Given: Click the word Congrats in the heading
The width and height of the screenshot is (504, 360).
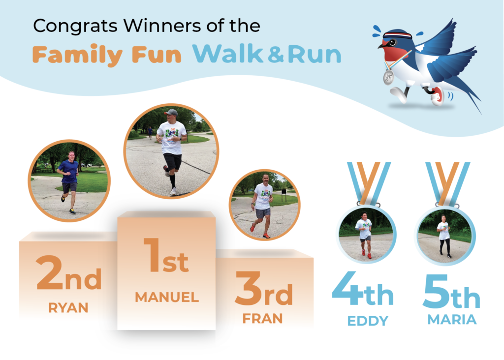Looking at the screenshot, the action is pyautogui.click(x=75, y=26).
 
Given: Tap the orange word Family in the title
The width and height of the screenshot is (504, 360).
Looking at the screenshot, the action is pyautogui.click(x=77, y=55).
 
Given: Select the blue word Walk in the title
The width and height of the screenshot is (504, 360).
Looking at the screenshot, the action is pyautogui.click(x=227, y=54).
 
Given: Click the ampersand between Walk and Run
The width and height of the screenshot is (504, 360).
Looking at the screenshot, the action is pyautogui.click(x=276, y=55).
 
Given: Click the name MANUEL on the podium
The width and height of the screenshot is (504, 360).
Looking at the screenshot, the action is pyautogui.click(x=167, y=298).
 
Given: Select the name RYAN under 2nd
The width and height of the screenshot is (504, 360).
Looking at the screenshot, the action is pyautogui.click(x=68, y=308).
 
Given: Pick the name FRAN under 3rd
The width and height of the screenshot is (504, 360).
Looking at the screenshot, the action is pyautogui.click(x=263, y=319).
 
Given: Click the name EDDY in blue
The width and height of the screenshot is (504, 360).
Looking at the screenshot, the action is pyautogui.click(x=368, y=321).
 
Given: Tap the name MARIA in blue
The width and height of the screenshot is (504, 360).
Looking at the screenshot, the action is pyautogui.click(x=452, y=320).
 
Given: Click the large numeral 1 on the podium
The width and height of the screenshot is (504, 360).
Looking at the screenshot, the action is pyautogui.click(x=152, y=255).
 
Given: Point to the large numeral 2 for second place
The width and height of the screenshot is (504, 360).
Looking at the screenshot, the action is pyautogui.click(x=50, y=272).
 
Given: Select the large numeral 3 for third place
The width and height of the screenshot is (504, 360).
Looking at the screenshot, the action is pyautogui.click(x=249, y=288).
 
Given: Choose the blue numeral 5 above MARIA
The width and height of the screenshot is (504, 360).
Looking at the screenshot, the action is pyautogui.click(x=436, y=291).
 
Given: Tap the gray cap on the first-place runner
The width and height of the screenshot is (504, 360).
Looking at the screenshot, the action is pyautogui.click(x=171, y=112).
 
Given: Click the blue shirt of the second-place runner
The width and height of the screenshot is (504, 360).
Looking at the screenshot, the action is pyautogui.click(x=68, y=171).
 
